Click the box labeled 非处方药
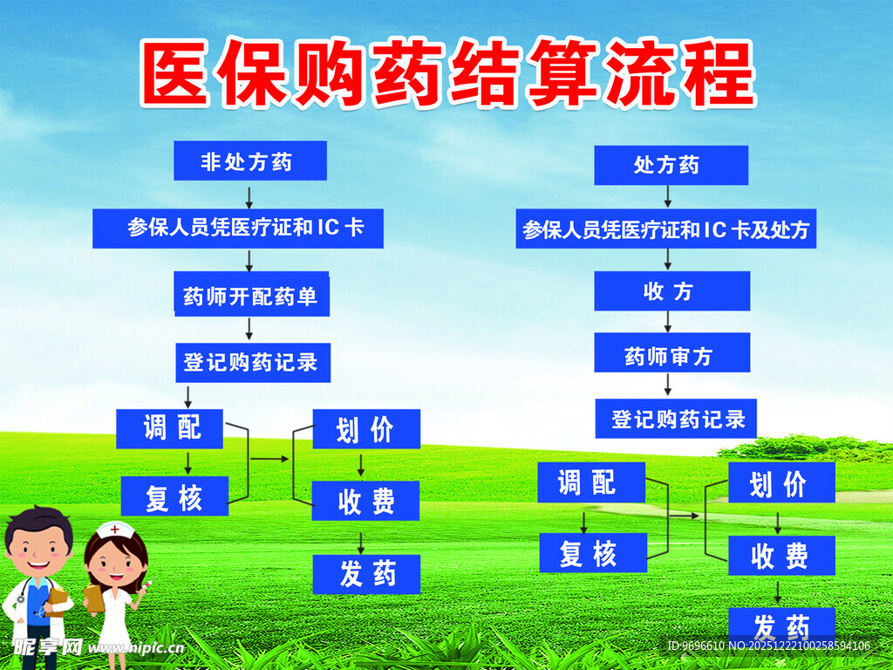tap(249, 161)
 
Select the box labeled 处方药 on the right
tap(671, 166)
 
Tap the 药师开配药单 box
tap(251, 296)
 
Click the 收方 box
tap(671, 291)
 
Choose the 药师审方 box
tap(671, 354)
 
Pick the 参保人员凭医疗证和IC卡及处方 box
tap(665, 229)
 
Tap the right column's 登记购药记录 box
tap(676, 419)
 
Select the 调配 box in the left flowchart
tap(170, 428)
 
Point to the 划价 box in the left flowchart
tap(365, 429)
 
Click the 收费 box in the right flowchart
tap(781, 555)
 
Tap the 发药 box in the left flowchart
tap(366, 574)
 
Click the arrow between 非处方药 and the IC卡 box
tap(249, 195)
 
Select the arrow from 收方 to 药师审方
tap(669, 322)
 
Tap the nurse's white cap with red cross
tap(113, 530)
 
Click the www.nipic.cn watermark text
tap(135, 648)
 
